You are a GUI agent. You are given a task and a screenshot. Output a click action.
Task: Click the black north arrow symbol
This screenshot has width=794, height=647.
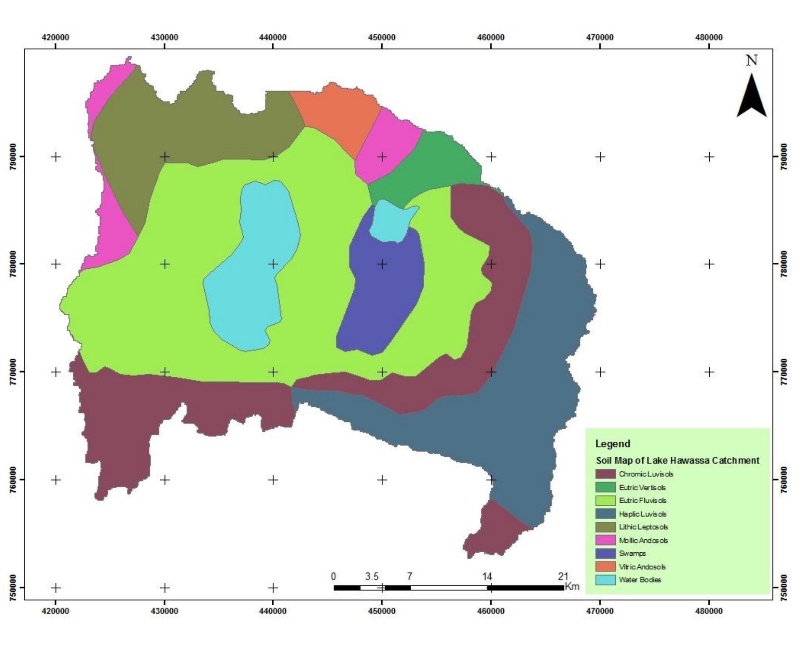[751, 97]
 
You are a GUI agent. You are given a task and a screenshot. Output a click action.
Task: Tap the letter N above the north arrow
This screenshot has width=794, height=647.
[752, 61]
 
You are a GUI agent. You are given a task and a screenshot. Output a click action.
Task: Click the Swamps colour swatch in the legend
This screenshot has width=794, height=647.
[605, 554]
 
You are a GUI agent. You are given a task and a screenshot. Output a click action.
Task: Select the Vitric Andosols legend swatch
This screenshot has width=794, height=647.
[605, 567]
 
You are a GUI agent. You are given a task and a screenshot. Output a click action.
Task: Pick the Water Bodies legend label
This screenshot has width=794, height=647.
[640, 580]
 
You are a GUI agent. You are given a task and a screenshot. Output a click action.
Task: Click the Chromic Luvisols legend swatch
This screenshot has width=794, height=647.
[605, 474]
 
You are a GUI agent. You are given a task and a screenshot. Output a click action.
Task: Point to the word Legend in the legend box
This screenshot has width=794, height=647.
[612, 444]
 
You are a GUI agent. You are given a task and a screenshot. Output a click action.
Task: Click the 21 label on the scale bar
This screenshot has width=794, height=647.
[563, 576]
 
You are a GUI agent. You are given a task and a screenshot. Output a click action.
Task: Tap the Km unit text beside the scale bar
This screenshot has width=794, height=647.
[572, 586]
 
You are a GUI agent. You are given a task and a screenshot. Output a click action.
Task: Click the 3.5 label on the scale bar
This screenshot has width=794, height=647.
[372, 576]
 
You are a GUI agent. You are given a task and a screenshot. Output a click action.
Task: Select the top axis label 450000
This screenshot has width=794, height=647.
[382, 37]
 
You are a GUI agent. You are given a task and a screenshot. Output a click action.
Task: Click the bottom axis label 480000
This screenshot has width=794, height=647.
[709, 611]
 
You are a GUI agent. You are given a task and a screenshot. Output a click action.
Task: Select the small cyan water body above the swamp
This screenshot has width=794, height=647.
[390, 220]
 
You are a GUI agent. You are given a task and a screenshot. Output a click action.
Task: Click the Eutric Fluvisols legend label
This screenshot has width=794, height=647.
[642, 501]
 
